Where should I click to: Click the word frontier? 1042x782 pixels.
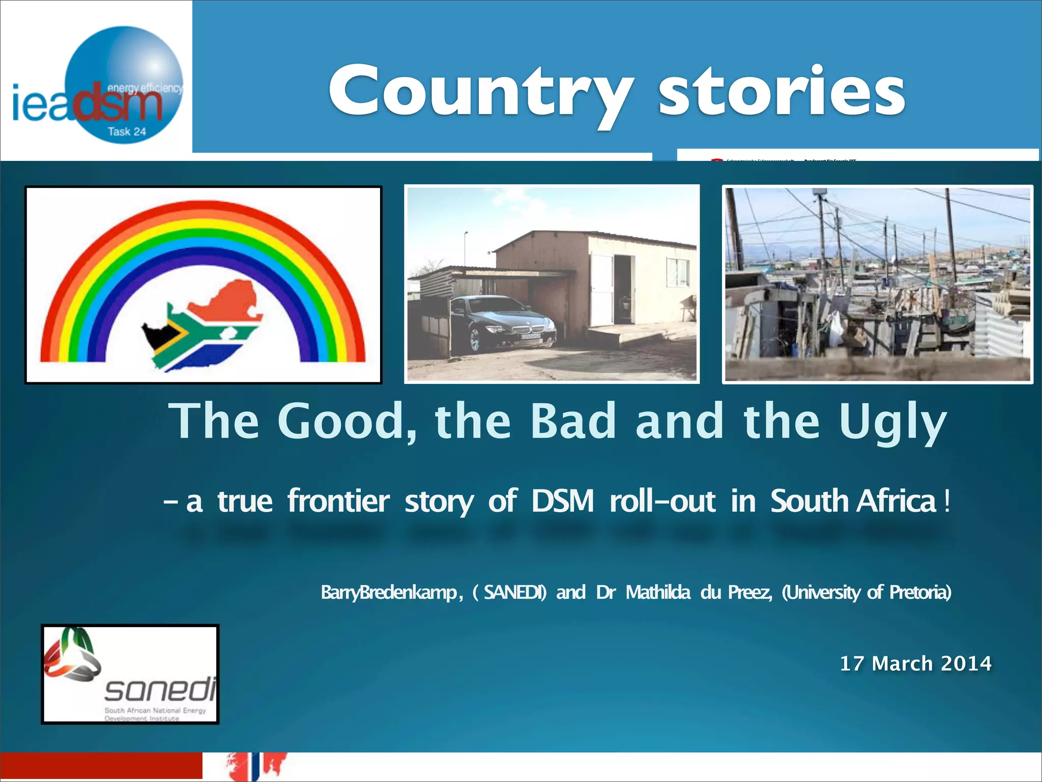(338, 501)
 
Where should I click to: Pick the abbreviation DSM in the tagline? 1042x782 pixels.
(563, 501)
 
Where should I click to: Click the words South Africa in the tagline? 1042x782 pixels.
(853, 501)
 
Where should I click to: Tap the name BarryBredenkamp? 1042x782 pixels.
(389, 592)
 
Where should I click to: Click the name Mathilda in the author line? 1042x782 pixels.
(658, 592)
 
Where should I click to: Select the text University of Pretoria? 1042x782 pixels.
(866, 592)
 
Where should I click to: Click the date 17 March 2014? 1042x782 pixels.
(915, 663)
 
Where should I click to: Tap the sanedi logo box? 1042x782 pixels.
(130, 674)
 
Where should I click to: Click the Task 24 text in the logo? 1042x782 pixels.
(127, 131)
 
